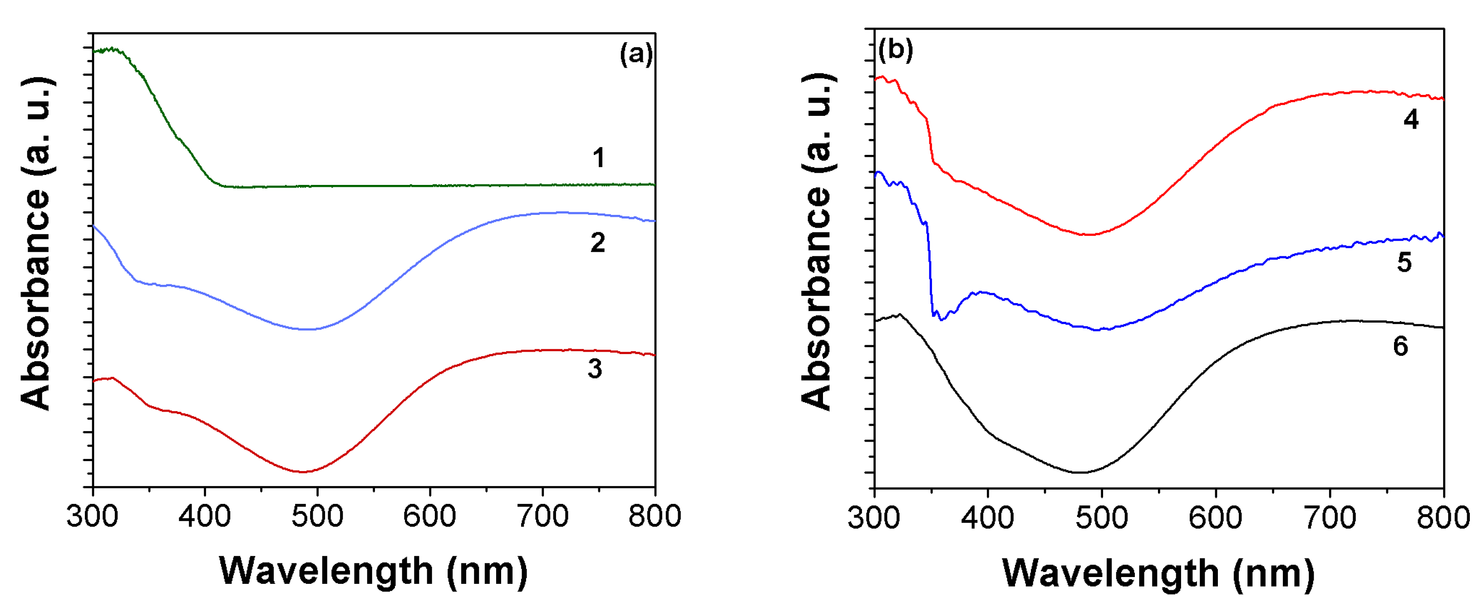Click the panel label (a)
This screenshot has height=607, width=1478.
pos(636,55)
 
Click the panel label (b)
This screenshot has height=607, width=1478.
pos(895,50)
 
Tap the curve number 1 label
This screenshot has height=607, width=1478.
pos(598,158)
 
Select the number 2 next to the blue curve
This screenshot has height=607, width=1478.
pos(598,243)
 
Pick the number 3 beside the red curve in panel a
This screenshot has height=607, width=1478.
pos(595,368)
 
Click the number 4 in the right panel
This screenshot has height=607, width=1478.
pos(1411,119)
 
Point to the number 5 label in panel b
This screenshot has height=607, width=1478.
pos(1404,263)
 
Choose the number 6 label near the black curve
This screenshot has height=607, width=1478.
pos(1400,346)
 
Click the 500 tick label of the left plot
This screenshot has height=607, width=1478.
pos(317,515)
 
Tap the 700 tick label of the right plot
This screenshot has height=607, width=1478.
pos(1330,517)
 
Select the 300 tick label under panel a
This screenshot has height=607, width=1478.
pos(93,515)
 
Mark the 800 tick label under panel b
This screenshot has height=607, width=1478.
pos(1443,517)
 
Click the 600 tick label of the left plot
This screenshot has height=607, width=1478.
pos(430,515)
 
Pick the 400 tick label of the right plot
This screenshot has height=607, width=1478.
pos(987,517)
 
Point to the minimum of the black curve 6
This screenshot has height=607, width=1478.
pos(1080,472)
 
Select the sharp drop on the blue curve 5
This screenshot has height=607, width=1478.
pos(930,270)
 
